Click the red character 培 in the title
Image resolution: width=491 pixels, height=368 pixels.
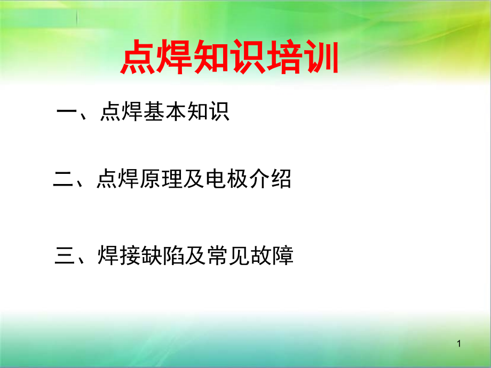click(x=284, y=57)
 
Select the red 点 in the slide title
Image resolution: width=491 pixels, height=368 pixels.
click(x=138, y=57)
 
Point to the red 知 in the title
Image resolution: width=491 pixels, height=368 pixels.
click(x=211, y=57)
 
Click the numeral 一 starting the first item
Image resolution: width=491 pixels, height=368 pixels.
click(x=67, y=111)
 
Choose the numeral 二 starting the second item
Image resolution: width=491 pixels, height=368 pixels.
click(x=64, y=179)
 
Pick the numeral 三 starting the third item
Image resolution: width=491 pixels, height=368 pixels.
click(x=65, y=255)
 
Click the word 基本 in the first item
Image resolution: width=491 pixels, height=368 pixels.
click(x=165, y=111)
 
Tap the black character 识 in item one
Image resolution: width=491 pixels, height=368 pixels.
click(x=219, y=111)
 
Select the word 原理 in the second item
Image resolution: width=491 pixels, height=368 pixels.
click(x=162, y=179)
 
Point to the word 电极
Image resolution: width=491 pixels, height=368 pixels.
click(x=226, y=179)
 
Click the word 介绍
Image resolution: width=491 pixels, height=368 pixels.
click(x=270, y=179)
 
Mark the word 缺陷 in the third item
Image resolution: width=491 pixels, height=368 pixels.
click(x=163, y=255)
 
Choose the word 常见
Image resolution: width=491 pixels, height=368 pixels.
click(x=228, y=255)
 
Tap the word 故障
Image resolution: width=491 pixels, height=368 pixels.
click(x=272, y=255)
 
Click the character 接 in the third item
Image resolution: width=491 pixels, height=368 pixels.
click(x=130, y=255)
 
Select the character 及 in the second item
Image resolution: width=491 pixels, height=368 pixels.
click(x=194, y=179)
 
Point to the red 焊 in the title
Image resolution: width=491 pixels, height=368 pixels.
click(x=175, y=57)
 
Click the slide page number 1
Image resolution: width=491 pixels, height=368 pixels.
click(x=459, y=343)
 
